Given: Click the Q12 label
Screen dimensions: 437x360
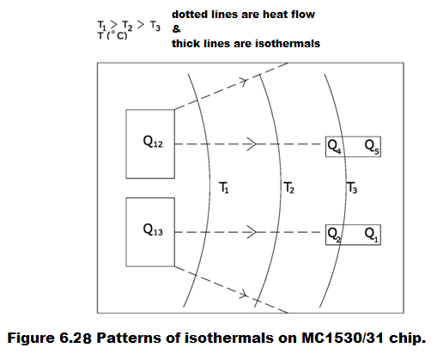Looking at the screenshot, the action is (153, 142).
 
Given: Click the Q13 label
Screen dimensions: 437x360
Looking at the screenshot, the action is (153, 230).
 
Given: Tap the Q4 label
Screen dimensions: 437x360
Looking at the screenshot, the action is (334, 147).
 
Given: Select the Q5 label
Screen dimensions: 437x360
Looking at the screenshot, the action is (372, 147).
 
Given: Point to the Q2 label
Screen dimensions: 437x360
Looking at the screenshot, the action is (334, 235).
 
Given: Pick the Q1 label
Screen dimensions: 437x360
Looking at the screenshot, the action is (372, 235).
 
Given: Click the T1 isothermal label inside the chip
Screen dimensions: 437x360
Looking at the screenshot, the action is (224, 188).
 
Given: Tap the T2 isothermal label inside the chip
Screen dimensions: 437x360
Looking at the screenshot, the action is (289, 188).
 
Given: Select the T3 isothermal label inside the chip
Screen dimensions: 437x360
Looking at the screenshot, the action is (352, 188).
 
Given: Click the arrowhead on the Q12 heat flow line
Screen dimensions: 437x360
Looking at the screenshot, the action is (252, 143).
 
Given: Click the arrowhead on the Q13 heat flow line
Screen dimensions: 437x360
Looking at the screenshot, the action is (252, 232).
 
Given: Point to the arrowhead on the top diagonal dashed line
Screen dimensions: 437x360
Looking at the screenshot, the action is (243, 82).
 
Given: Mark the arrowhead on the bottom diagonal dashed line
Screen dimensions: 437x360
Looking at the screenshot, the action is (243, 294).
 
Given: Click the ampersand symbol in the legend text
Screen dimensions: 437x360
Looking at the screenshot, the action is (176, 29).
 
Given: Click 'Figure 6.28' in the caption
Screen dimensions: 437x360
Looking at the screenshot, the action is (50, 338).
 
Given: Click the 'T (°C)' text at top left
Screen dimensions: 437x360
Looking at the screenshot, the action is (112, 36).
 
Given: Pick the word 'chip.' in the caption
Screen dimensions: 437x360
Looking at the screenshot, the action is (407, 339).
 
